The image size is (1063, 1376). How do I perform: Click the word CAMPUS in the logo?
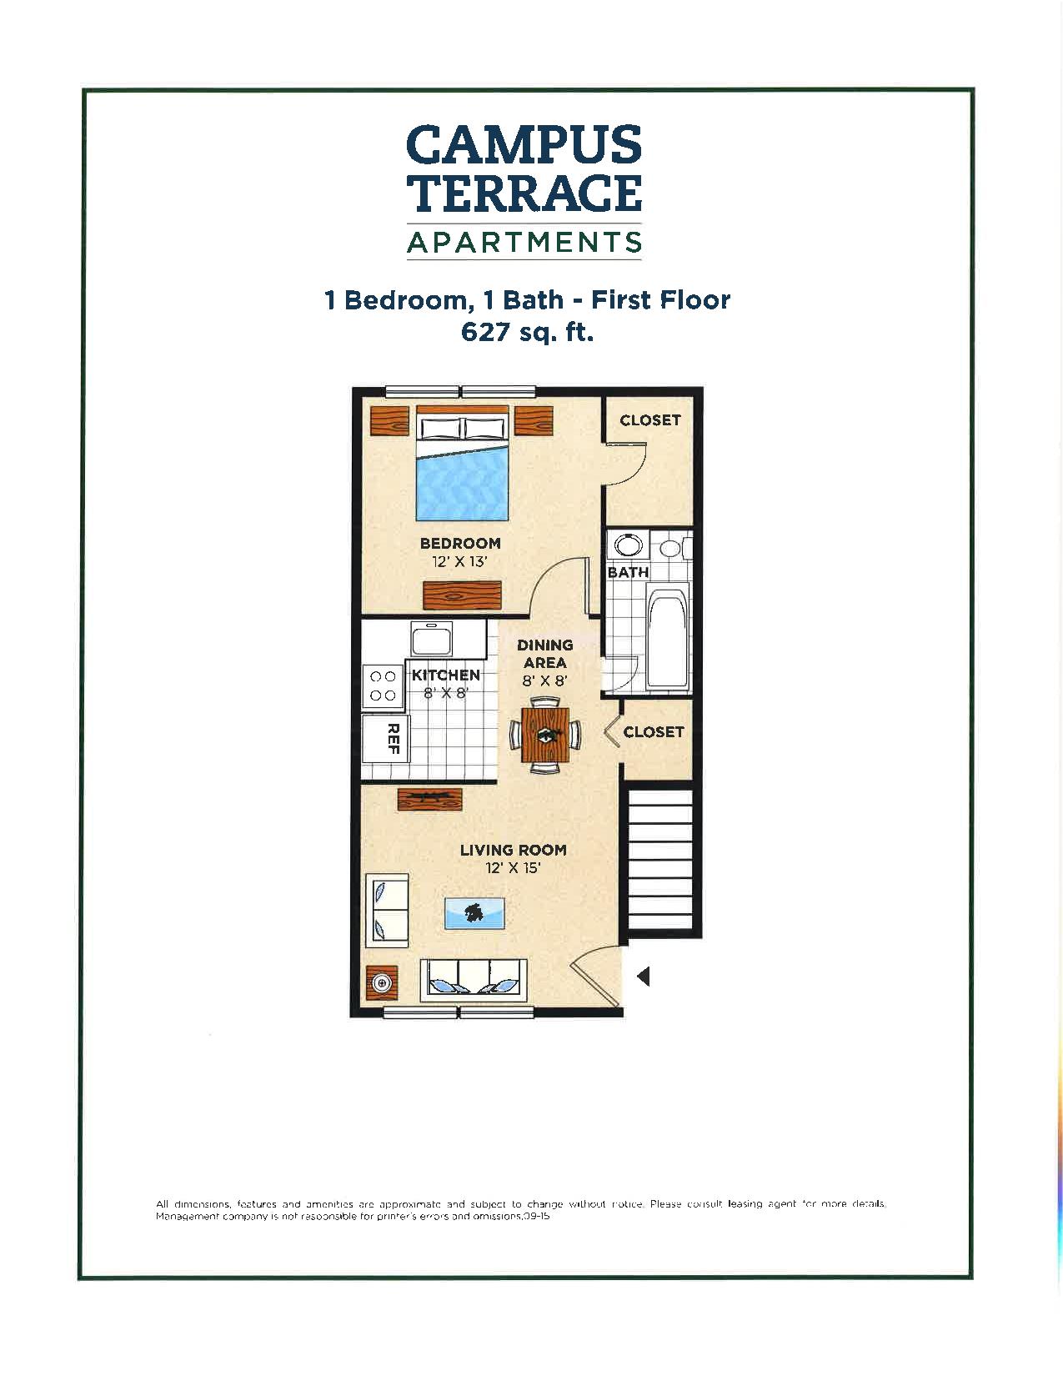point(524,144)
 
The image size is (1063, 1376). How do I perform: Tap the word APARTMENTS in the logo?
point(524,243)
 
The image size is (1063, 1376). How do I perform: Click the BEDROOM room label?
point(460,544)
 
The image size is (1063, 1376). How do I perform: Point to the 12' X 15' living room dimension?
point(513,868)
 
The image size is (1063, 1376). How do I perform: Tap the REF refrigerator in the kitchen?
point(386,738)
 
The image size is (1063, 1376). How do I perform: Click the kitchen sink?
point(432,640)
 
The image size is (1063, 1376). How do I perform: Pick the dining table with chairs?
point(545,735)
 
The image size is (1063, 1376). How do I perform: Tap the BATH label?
point(628,573)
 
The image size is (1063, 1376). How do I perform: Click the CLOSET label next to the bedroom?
point(650,420)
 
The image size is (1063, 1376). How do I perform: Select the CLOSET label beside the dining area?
point(654,731)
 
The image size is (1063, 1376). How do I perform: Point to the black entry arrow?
point(643,976)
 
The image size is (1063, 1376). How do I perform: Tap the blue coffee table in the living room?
point(474,913)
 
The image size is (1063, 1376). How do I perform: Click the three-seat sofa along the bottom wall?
point(474,979)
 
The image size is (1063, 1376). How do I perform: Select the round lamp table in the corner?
point(383,983)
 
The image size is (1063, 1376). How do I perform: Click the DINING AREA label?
point(545,653)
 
